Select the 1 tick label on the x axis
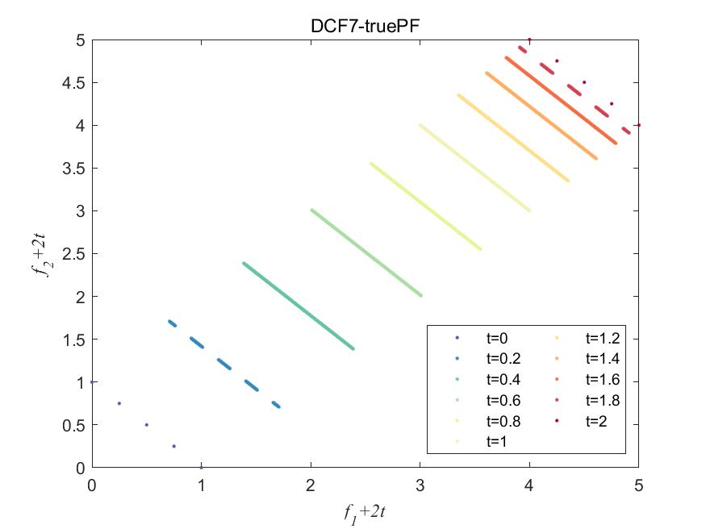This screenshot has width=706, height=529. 202,485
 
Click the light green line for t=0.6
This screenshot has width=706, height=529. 366,252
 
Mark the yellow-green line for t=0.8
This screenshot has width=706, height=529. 426,206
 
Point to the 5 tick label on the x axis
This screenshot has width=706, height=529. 638,485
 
